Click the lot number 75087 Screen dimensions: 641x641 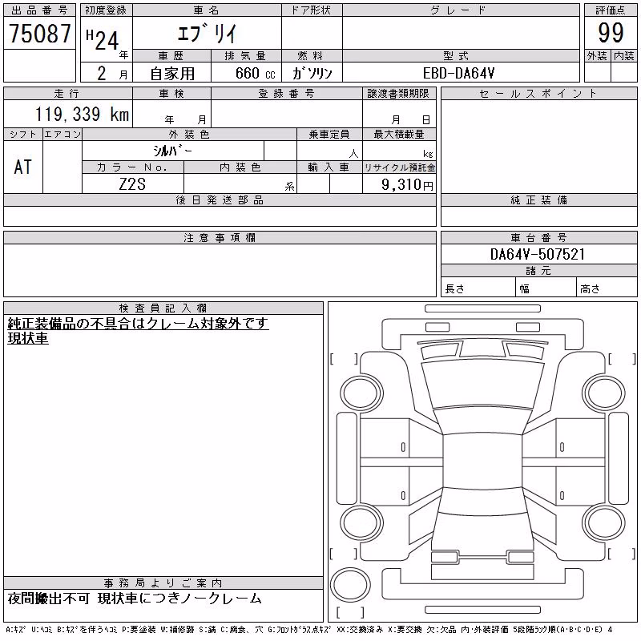click(x=40, y=33)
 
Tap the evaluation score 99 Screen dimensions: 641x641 click(x=611, y=33)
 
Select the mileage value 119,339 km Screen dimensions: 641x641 click(x=83, y=114)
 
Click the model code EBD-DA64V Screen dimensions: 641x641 click(x=458, y=73)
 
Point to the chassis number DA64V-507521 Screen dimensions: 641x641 click(x=538, y=254)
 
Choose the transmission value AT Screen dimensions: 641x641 click(x=22, y=167)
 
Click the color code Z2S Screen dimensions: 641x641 click(x=132, y=184)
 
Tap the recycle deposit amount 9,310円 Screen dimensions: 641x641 click(x=407, y=184)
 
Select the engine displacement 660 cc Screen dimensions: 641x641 click(x=255, y=73)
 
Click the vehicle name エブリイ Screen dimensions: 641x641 click(x=208, y=33)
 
